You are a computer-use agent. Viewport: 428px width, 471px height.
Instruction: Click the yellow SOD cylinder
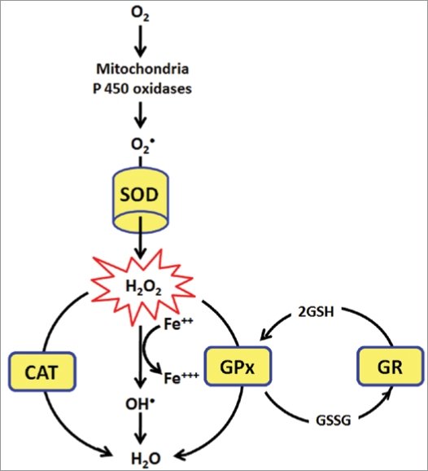click(141, 200)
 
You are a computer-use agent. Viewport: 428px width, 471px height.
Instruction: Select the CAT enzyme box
click(42, 372)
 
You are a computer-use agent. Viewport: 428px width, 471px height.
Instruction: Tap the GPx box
click(238, 366)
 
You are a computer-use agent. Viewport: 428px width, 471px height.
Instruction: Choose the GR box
click(391, 366)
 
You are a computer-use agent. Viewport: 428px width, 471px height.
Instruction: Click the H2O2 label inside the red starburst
click(143, 287)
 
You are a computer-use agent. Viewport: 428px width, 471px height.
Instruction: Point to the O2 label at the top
click(140, 14)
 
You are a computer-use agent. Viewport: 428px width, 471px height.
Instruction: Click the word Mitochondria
click(142, 68)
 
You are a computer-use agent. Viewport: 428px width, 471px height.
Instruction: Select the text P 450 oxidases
click(142, 89)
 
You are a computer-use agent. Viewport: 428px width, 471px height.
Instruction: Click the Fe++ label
click(178, 324)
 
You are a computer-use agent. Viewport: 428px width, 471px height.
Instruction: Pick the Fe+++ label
click(181, 378)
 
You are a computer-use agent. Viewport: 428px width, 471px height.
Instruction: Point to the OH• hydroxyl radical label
click(140, 404)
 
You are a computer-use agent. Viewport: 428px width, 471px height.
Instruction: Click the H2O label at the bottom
click(146, 459)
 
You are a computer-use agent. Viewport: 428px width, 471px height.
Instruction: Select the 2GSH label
click(316, 312)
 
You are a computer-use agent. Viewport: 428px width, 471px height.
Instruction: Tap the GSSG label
click(334, 420)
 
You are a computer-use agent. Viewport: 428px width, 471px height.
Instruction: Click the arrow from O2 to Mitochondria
click(140, 42)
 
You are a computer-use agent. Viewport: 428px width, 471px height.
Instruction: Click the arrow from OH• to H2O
click(140, 429)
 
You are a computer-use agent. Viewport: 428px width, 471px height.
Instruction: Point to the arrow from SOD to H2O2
click(140, 237)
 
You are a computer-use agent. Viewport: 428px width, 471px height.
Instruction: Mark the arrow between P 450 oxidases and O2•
click(140, 115)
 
